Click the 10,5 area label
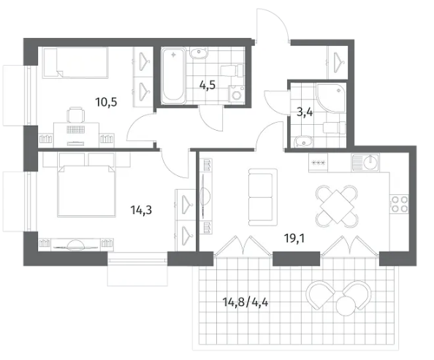[106, 102]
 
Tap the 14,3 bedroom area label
[141, 210]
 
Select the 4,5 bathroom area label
[208, 85]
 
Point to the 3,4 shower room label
[305, 113]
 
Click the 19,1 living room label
[294, 238]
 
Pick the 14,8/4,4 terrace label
[245, 302]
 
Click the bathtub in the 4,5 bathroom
[174, 75]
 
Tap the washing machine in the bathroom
[236, 94]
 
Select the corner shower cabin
[330, 98]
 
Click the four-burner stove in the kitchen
[399, 204]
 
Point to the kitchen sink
[366, 162]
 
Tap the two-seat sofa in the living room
[262, 197]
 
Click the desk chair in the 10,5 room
[76, 115]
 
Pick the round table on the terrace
[346, 306]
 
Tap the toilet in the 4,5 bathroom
[232, 70]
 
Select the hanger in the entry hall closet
[338, 61]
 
